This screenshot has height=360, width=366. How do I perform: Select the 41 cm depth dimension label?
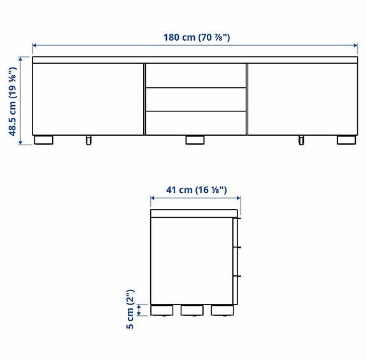(196, 189)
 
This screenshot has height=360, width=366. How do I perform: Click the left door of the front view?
(88, 98)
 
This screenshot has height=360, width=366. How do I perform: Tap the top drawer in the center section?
(195, 75)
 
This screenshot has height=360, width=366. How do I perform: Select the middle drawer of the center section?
(195, 99)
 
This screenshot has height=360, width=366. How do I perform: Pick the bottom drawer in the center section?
(195, 122)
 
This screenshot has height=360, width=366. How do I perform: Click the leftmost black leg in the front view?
(44, 140)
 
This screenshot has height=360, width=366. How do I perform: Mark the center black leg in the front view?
(195, 140)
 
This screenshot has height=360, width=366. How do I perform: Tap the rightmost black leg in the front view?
(346, 140)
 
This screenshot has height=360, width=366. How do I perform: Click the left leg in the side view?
(161, 310)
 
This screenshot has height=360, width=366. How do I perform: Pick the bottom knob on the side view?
(239, 276)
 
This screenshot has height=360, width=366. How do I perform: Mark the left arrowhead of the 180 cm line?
(35, 45)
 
